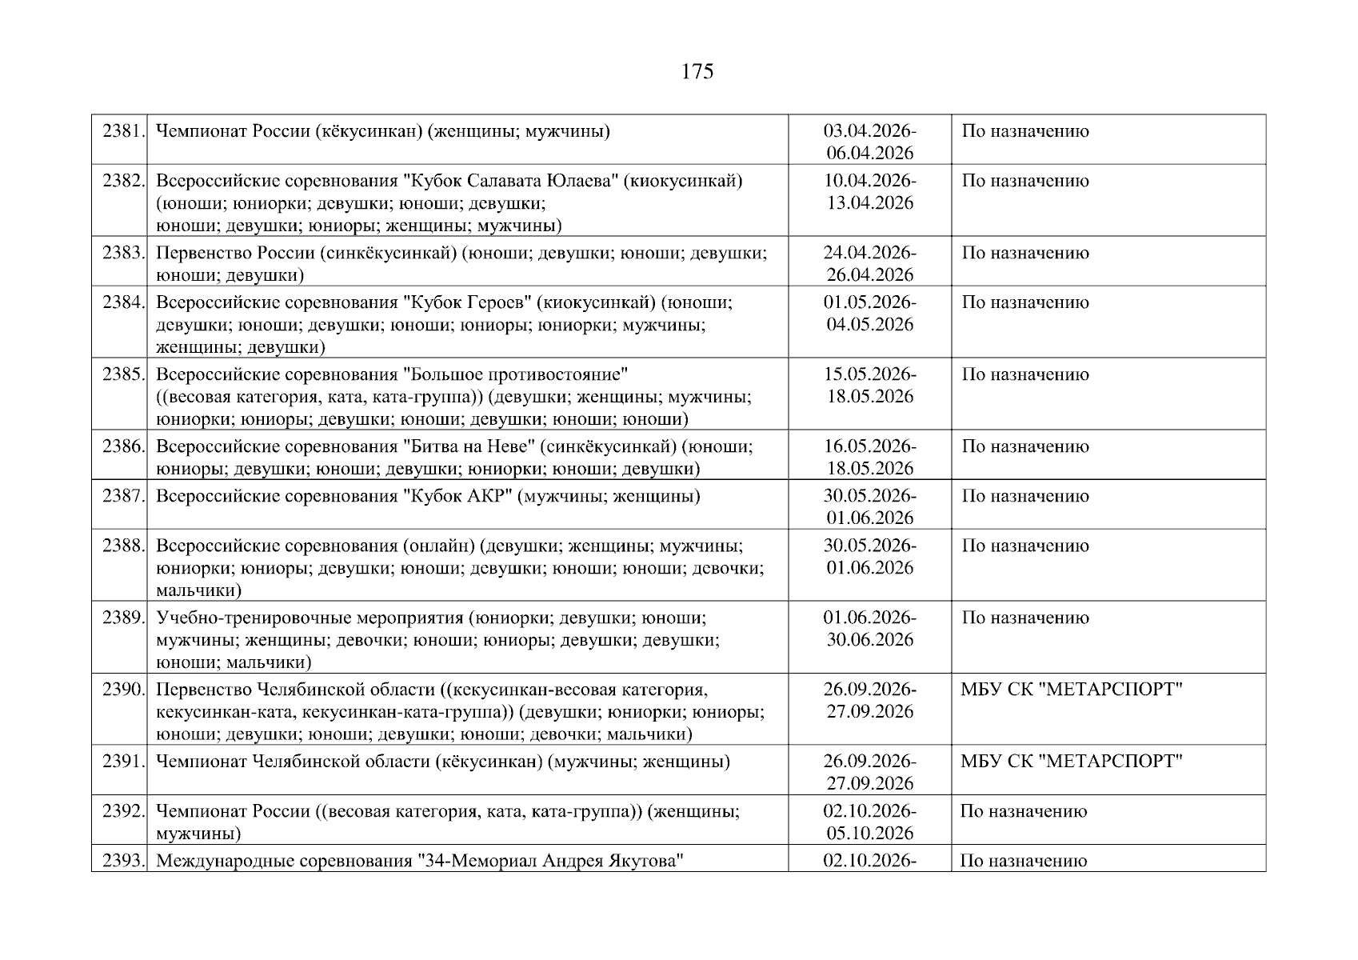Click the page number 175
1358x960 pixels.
click(x=697, y=72)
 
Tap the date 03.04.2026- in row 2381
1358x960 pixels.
click(x=870, y=131)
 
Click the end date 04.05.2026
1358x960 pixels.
click(x=870, y=325)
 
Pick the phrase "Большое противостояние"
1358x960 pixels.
click(x=514, y=374)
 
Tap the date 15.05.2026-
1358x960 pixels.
click(x=870, y=374)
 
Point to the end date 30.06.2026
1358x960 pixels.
click(x=870, y=640)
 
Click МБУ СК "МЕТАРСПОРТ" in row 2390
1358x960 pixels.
click(x=1072, y=690)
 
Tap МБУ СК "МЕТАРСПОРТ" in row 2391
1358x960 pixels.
click(x=1072, y=762)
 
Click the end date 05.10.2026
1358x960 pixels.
click(x=870, y=834)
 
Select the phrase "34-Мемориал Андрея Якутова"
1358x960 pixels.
click(x=553, y=862)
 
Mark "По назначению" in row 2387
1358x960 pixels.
click(x=1025, y=496)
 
